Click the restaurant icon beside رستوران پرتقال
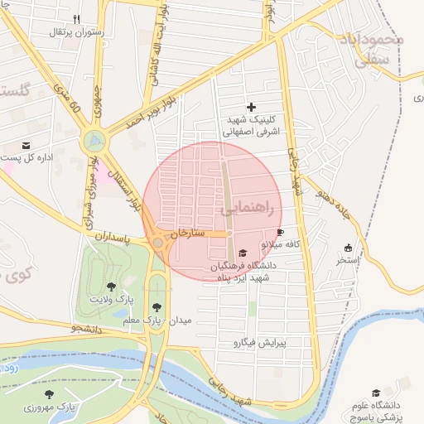(x=77, y=18)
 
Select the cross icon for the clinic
(x=252, y=107)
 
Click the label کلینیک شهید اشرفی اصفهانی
(x=253, y=126)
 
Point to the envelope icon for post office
(x=26, y=145)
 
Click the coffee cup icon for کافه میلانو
(x=280, y=232)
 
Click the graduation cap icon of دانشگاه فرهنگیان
(x=243, y=253)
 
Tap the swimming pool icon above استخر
(x=348, y=248)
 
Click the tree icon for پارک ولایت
(x=112, y=286)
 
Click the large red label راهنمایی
(x=253, y=210)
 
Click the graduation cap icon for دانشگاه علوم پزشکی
(x=376, y=393)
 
